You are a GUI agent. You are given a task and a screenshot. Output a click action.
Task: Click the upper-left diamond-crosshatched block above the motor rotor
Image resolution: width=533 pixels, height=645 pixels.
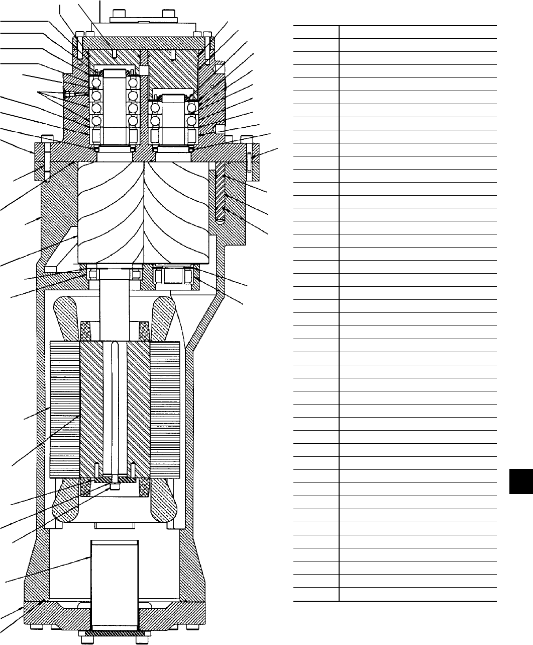tap(86, 330)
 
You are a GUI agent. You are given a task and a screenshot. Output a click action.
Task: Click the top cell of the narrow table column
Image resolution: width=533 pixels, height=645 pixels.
tap(315, 32)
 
